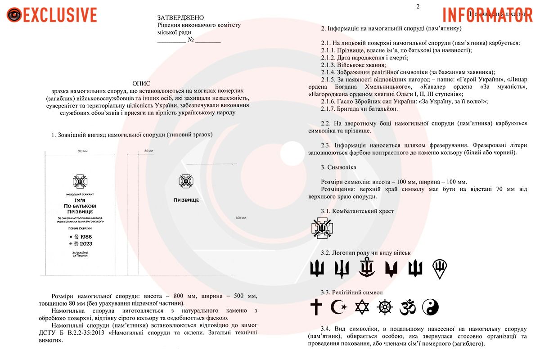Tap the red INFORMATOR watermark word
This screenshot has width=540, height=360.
pyautogui.click(x=488, y=14)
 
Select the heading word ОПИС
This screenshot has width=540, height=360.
pyautogui.click(x=142, y=84)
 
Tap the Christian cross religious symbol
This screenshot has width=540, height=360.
pyautogui.click(x=317, y=307)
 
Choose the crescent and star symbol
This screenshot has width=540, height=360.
pyautogui.click(x=339, y=307)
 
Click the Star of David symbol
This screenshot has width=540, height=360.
pyautogui.click(x=362, y=307)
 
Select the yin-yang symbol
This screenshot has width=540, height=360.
pyautogui.click(x=431, y=307)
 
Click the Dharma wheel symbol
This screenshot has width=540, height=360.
pyautogui.click(x=385, y=307)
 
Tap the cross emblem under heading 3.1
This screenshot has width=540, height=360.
pyautogui.click(x=322, y=228)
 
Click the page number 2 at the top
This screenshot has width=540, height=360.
pyautogui.click(x=418, y=6)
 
